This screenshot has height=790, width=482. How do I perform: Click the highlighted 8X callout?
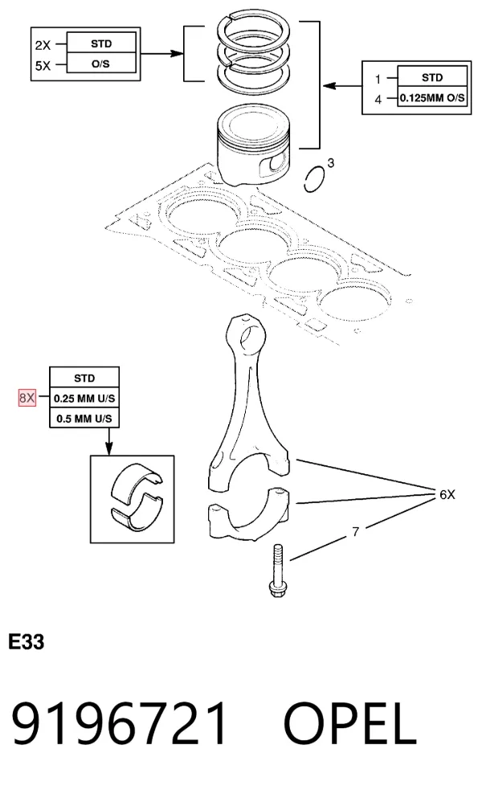click(27, 398)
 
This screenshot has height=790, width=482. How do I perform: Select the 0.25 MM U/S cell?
click(84, 398)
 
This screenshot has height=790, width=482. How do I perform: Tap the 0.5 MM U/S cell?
click(84, 418)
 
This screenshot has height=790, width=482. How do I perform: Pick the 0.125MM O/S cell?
click(432, 98)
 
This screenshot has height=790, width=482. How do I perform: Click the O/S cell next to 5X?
click(100, 64)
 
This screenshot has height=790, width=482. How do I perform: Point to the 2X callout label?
click(43, 45)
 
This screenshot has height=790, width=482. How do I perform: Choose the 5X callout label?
click(43, 66)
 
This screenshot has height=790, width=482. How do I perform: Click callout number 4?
click(378, 100)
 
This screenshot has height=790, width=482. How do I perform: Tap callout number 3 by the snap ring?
click(330, 162)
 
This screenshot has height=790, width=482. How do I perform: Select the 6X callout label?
click(447, 494)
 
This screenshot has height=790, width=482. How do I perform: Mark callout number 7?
click(356, 531)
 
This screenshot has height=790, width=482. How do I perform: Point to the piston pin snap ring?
click(315, 179)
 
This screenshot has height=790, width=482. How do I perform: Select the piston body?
click(253, 145)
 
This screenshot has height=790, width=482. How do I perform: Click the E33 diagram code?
click(27, 642)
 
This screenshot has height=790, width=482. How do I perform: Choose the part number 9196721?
click(120, 723)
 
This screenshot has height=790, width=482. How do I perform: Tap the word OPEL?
click(350, 723)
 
